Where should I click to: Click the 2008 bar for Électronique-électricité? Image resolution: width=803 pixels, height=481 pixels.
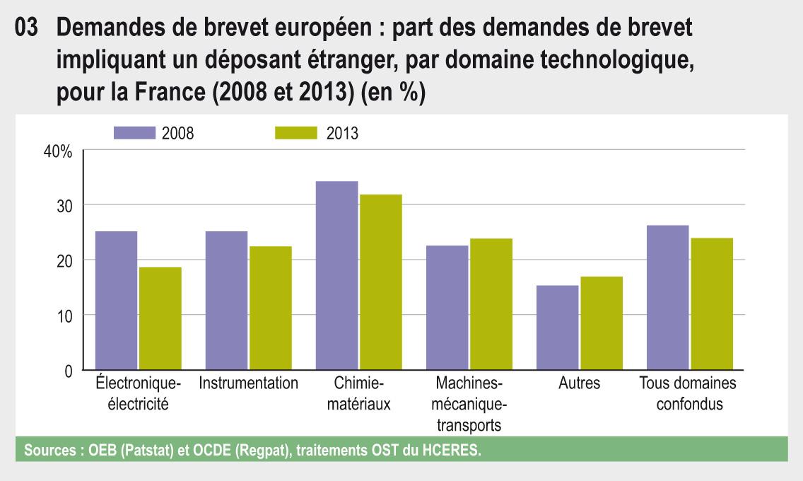(117, 301)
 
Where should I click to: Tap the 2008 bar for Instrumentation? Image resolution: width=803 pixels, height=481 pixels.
(226, 301)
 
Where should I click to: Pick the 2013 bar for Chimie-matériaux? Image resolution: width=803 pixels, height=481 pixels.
(380, 282)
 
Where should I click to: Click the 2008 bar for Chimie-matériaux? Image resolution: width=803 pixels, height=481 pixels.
(336, 276)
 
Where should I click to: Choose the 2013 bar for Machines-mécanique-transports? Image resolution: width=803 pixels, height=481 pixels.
(491, 304)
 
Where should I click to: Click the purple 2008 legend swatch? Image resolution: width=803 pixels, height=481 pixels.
(134, 133)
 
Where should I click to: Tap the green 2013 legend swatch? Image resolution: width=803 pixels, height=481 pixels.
(295, 133)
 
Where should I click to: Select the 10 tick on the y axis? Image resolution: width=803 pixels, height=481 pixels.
(64, 316)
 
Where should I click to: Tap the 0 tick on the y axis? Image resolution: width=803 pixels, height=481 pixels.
(68, 371)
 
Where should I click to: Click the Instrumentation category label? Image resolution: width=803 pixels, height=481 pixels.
(249, 383)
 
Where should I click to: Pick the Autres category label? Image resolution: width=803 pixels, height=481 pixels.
(579, 383)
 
